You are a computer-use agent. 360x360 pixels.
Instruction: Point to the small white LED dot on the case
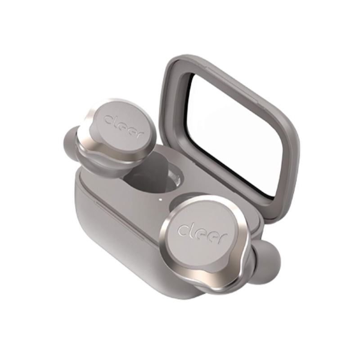160,199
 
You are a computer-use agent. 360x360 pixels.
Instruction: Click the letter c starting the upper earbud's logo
109,120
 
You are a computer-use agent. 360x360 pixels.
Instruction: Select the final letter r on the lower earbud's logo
222,237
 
